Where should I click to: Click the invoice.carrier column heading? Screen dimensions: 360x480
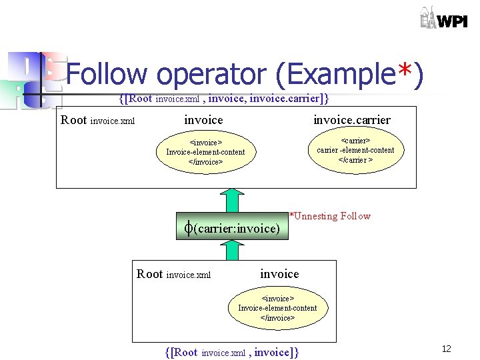point(352,120)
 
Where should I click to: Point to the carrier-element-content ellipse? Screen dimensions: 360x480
point(355,151)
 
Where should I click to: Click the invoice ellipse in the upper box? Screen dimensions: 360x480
point(205,152)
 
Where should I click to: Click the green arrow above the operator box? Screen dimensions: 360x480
point(232,201)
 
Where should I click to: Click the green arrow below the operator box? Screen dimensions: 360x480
point(232,250)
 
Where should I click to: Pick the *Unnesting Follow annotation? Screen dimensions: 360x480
point(329,216)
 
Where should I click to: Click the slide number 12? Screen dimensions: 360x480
point(447,349)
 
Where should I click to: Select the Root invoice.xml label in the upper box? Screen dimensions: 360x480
point(97,121)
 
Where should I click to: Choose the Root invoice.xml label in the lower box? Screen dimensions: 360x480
point(173,274)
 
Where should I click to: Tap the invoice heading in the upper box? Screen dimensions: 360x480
point(203,120)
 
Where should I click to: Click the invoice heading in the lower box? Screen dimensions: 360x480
point(279,274)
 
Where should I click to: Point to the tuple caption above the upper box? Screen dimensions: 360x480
point(223,99)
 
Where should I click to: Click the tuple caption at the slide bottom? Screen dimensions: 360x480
point(231,352)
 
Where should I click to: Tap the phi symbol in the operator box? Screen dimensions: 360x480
point(188,227)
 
